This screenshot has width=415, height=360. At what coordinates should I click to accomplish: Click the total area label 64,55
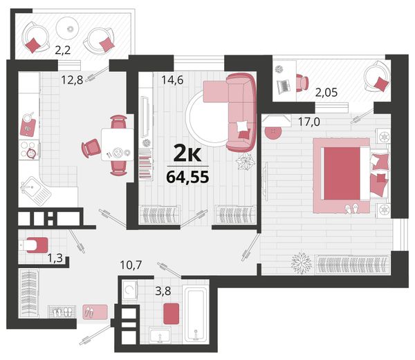[187, 177]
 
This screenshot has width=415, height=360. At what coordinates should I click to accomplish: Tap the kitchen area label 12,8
[72, 79]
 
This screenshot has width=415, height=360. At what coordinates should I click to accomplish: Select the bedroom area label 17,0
[309, 122]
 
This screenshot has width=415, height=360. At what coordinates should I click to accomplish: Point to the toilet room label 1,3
[55, 258]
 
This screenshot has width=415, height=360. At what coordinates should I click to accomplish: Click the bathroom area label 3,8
[163, 292]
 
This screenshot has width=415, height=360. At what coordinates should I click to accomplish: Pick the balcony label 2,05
[326, 93]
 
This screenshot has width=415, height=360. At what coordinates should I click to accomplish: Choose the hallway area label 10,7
[131, 265]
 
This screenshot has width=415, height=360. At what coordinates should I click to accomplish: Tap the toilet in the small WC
[34, 245]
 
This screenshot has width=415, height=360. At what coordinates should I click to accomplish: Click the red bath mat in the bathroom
[172, 314]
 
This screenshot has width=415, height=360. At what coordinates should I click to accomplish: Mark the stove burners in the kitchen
[28, 150]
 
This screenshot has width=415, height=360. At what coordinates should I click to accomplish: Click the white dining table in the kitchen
[118, 144]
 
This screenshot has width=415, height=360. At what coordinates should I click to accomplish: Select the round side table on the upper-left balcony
[68, 28]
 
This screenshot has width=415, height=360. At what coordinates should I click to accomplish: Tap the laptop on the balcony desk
[284, 86]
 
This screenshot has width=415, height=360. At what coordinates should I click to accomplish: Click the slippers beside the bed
[352, 208]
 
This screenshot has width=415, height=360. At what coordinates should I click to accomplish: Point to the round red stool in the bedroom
[273, 133]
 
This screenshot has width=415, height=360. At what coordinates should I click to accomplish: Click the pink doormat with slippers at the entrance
[95, 312]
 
